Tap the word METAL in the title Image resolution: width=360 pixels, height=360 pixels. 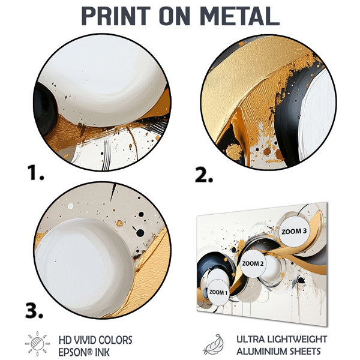239,16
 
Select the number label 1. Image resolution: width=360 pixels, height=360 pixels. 35,173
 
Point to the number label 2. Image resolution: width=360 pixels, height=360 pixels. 204,175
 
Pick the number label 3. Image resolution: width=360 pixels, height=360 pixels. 34,310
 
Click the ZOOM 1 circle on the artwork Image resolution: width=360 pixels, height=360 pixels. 218,292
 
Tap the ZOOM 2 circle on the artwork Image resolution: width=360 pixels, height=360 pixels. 253,263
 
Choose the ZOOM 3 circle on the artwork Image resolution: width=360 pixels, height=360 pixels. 294,231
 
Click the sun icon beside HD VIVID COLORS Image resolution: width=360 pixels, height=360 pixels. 37,343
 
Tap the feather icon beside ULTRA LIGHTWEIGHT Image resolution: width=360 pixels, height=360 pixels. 214,344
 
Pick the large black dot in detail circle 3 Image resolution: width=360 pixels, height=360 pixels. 140,233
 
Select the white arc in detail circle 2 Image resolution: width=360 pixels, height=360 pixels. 317,115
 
